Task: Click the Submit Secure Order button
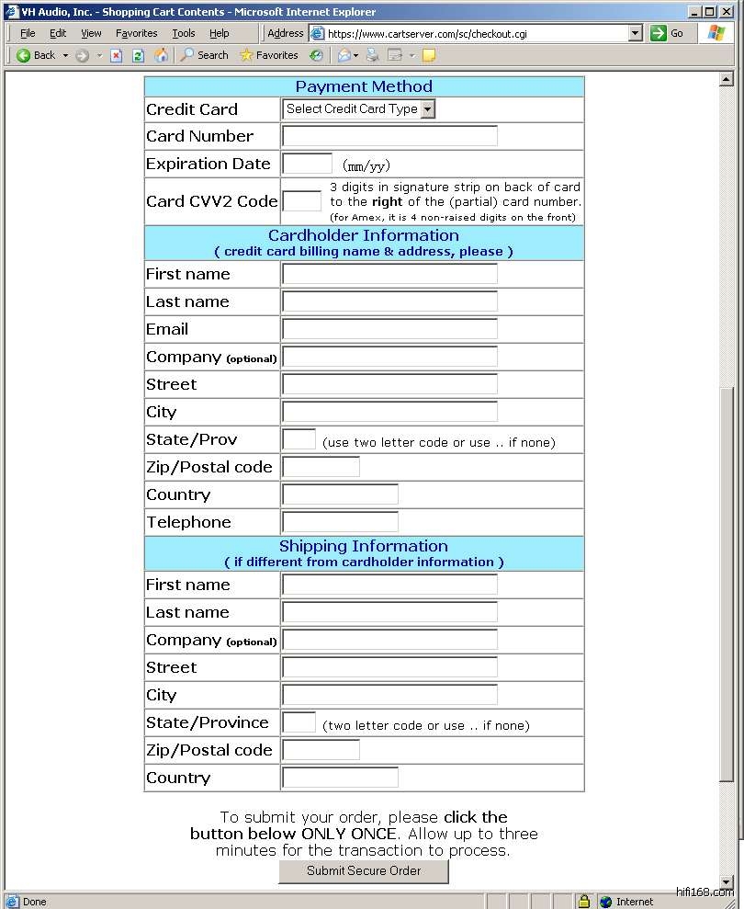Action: (x=364, y=871)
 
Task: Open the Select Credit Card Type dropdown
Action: (x=359, y=109)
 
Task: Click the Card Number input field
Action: (x=389, y=136)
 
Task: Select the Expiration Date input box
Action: (x=307, y=164)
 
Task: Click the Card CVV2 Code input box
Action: (x=301, y=201)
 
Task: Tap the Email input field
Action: (x=389, y=329)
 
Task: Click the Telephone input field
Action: (x=340, y=522)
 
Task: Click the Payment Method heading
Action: (x=364, y=86)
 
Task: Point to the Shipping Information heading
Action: (x=364, y=546)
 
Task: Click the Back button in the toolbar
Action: (x=36, y=55)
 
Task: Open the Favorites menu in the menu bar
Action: (x=136, y=33)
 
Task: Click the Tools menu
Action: (x=184, y=33)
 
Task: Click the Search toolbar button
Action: (x=204, y=55)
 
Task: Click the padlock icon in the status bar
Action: (x=583, y=901)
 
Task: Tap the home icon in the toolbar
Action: (x=161, y=55)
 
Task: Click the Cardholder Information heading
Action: (x=364, y=235)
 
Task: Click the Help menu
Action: (x=220, y=33)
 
